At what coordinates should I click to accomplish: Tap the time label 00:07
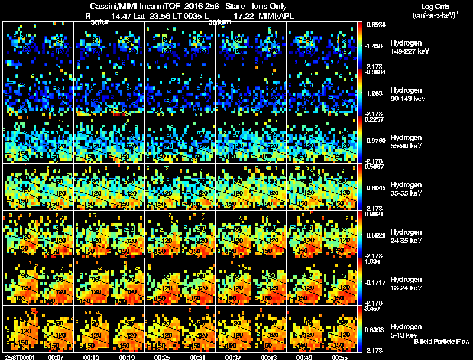click(56, 357)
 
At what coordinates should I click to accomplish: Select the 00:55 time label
click(339, 357)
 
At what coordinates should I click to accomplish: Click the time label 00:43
click(268, 357)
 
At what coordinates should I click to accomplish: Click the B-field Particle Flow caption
click(441, 342)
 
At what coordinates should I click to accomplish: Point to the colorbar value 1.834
click(372, 262)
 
